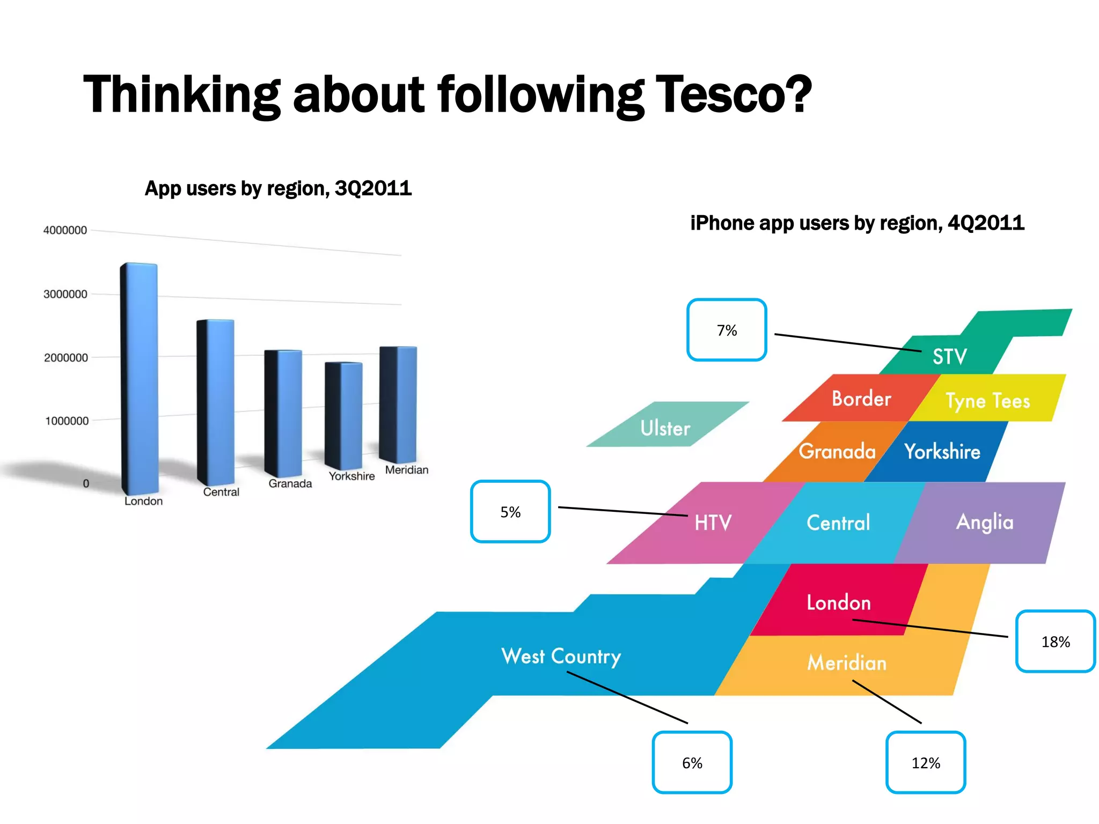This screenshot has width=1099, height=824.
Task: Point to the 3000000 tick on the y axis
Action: (65, 294)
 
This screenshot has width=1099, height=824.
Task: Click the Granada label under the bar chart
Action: (290, 483)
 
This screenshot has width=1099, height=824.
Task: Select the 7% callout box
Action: (727, 330)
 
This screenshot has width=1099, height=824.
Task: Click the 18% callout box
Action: (1055, 641)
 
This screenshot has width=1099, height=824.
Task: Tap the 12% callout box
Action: (926, 762)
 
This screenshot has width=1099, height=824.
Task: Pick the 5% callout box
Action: (510, 512)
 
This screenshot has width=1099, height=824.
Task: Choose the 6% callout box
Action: (692, 762)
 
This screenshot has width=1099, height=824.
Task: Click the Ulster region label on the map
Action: (665, 428)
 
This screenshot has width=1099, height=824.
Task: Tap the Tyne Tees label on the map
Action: (987, 401)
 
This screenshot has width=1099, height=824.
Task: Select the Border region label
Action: (861, 399)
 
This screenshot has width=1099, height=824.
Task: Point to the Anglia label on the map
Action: (985, 522)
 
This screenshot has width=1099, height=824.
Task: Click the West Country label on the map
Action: (561, 656)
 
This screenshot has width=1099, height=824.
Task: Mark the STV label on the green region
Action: (949, 356)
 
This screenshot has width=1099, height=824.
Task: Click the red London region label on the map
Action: (838, 602)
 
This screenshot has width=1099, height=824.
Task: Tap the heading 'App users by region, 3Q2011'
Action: (278, 188)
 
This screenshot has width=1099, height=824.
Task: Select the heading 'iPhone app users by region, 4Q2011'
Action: (857, 223)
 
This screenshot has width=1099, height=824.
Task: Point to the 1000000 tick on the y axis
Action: (67, 421)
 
